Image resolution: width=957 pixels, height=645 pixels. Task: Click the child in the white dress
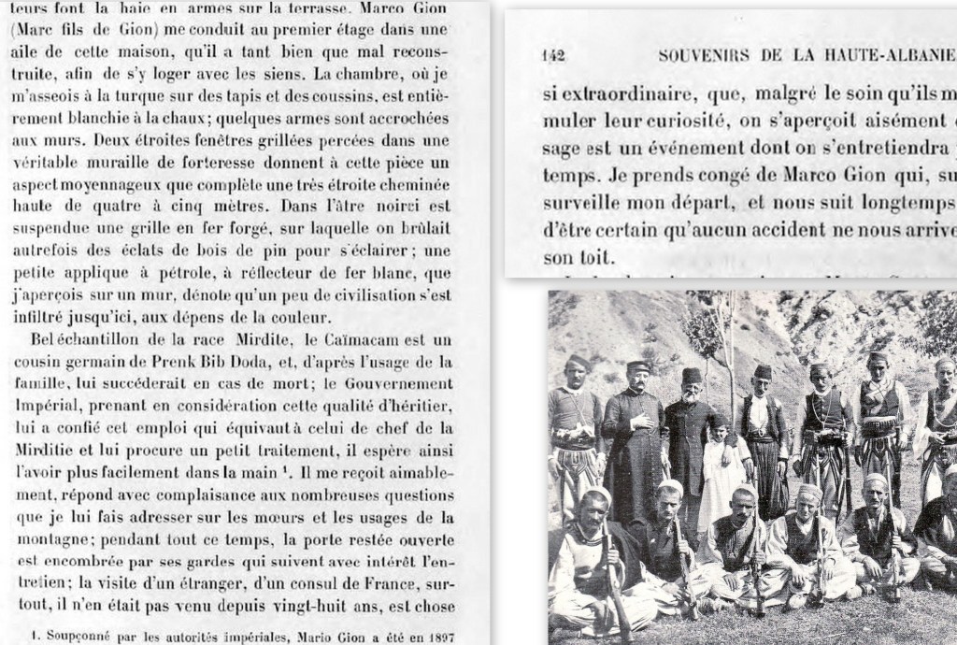click(718, 472)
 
